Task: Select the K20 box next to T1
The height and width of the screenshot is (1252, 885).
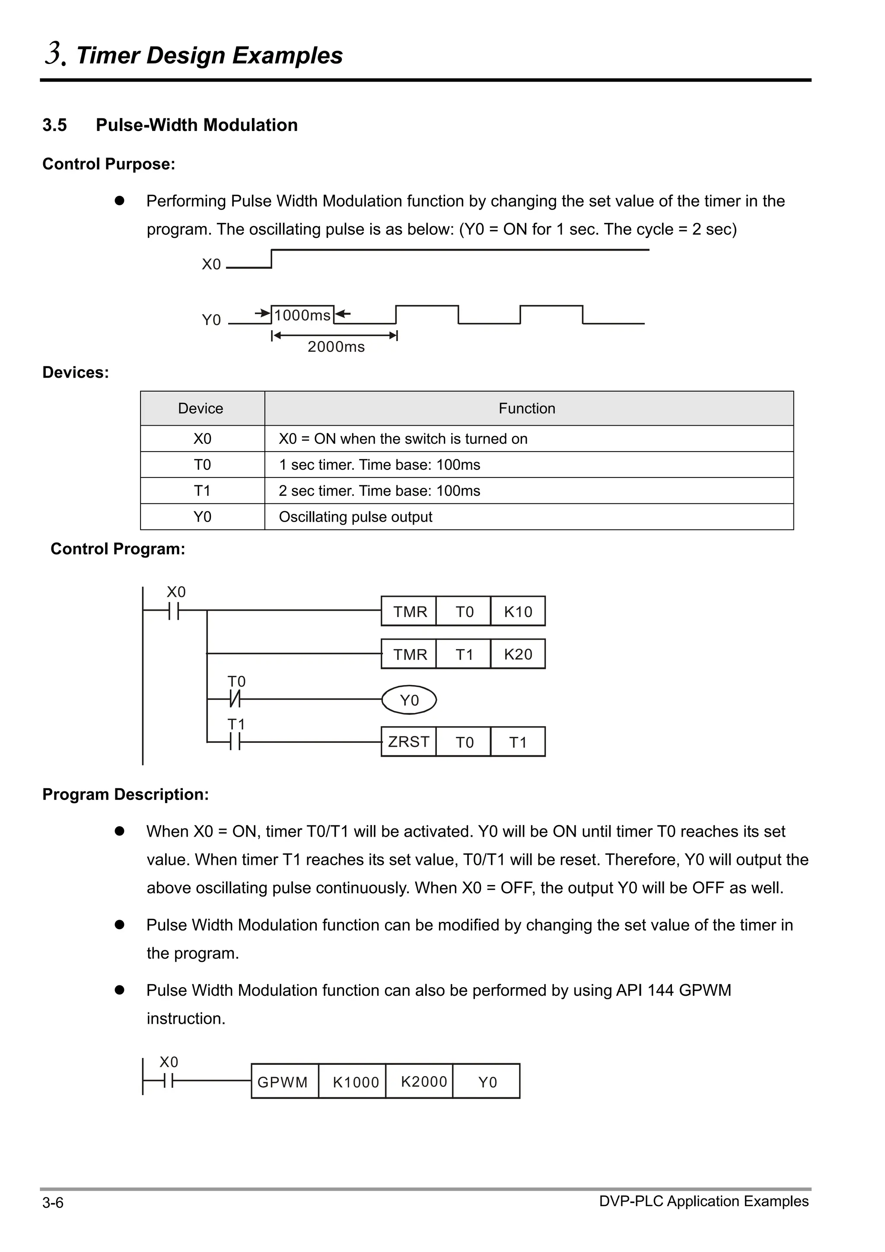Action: tap(518, 654)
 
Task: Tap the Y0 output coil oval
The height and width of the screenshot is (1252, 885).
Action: tap(409, 700)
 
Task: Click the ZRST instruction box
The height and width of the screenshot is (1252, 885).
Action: tap(408, 742)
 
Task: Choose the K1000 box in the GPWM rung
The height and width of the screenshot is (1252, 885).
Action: tap(356, 1082)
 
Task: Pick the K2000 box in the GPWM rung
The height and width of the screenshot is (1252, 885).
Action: tap(423, 1082)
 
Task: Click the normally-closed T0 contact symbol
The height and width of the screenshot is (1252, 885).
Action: tap(235, 698)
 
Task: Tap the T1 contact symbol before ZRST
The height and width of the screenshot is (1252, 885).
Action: tap(235, 742)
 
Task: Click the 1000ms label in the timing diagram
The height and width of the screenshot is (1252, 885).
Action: tap(302, 315)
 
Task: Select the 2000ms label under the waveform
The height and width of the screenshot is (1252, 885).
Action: tap(336, 347)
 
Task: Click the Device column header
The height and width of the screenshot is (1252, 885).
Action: tap(201, 408)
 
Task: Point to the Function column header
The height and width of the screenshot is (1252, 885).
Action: tap(527, 408)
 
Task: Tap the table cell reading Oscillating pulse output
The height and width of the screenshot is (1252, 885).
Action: tap(356, 516)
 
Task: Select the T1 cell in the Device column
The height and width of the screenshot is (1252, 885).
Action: tap(202, 491)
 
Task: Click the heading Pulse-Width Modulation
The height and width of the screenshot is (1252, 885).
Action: tap(196, 125)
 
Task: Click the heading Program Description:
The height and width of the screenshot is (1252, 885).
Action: tap(126, 794)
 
